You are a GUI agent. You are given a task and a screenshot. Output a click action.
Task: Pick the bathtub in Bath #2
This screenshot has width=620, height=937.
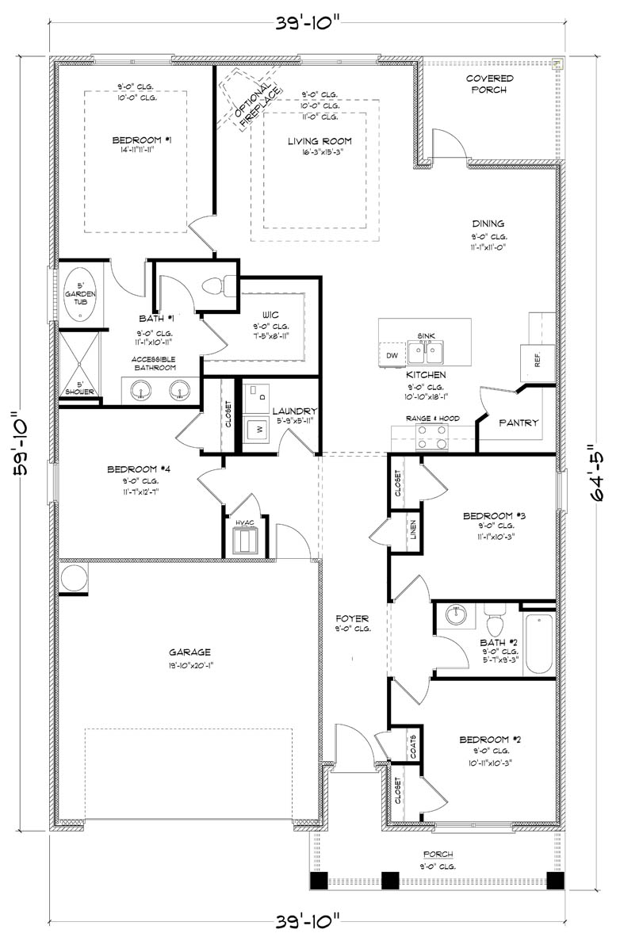540,643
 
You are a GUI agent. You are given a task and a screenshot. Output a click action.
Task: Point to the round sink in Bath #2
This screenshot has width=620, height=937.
456,614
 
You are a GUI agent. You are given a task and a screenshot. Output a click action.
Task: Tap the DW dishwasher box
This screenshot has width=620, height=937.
392,355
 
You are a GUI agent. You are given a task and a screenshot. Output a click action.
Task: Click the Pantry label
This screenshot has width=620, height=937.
519,423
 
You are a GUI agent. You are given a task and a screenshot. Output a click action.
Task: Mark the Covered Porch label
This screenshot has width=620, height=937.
489,84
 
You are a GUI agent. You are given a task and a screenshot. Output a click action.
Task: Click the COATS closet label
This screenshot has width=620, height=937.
413,745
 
